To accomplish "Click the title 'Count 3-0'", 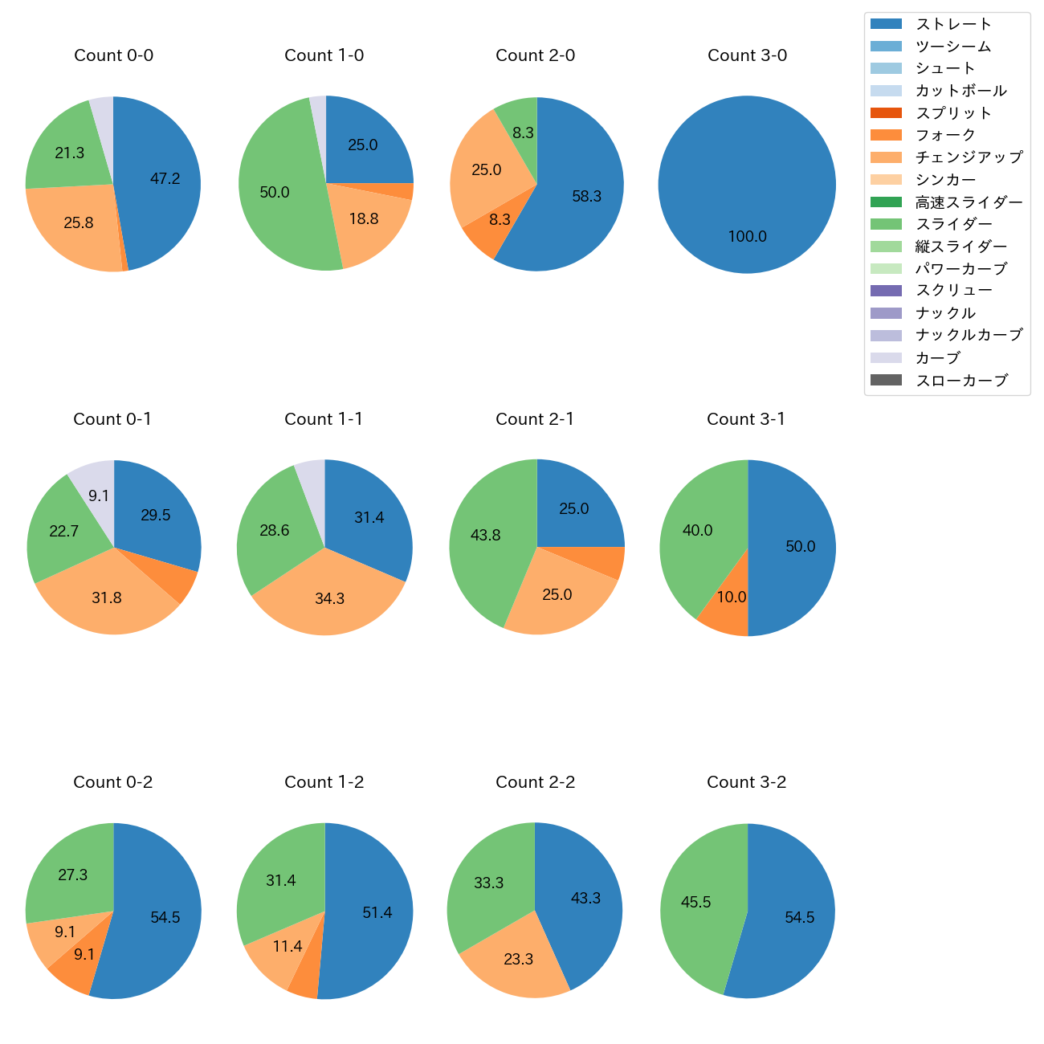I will pyautogui.click(x=747, y=55).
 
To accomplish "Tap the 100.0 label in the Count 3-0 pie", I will pyautogui.click(x=747, y=237).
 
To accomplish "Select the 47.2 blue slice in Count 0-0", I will pyautogui.click(x=165, y=179).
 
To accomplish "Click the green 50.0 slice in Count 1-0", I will pyautogui.click(x=275, y=193).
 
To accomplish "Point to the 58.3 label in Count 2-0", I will pyautogui.click(x=586, y=197).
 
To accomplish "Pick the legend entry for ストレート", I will pyautogui.click(x=953, y=24).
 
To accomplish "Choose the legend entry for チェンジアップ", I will pyautogui.click(x=969, y=157).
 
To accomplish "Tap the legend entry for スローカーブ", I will pyautogui.click(x=960, y=381).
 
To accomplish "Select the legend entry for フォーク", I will pyautogui.click(x=945, y=135).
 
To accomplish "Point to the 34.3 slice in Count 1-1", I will pyautogui.click(x=329, y=599).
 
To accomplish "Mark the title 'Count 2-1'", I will pyautogui.click(x=535, y=419).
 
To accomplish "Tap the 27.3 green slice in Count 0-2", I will pyautogui.click(x=72, y=875).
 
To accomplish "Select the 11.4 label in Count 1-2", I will pyautogui.click(x=287, y=947).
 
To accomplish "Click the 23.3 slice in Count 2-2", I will pyautogui.click(x=518, y=960).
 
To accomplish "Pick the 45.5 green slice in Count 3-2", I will pyautogui.click(x=695, y=903).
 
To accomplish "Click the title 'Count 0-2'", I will pyautogui.click(x=113, y=782).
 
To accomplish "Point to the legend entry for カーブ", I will pyautogui.click(x=937, y=358).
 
